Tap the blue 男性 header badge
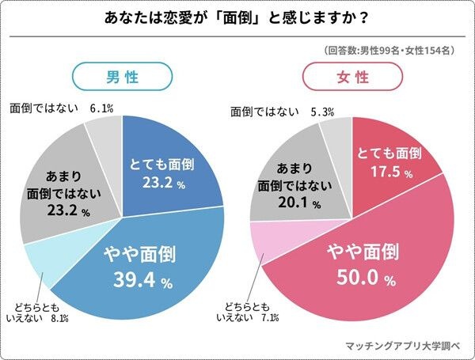point(123,77)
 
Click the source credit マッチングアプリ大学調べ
point(405,346)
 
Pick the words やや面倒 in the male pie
point(140,255)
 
